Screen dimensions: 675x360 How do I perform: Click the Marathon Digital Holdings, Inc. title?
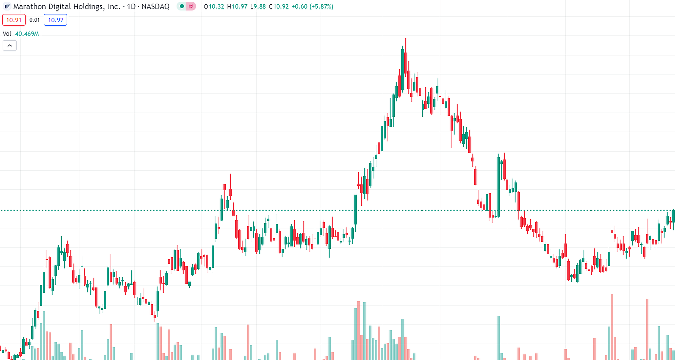click(x=67, y=6)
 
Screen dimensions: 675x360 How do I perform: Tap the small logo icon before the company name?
click(x=7, y=6)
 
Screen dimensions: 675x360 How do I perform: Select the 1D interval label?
click(x=131, y=6)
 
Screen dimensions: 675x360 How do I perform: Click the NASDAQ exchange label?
click(x=155, y=6)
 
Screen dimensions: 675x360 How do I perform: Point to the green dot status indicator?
click(x=182, y=6)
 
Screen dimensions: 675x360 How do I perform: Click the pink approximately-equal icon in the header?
click(x=191, y=6)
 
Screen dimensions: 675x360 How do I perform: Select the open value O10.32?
click(x=214, y=6)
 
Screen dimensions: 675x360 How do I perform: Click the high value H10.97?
click(x=237, y=6)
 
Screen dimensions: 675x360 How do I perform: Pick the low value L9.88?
click(x=258, y=6)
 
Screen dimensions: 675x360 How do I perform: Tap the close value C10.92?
click(x=279, y=6)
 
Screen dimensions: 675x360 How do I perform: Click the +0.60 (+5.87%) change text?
click(x=312, y=6)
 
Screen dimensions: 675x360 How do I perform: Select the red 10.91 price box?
click(x=14, y=20)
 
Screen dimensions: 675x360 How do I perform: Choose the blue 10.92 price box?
click(x=56, y=20)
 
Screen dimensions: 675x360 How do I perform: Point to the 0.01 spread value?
click(x=35, y=20)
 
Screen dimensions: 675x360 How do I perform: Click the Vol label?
click(x=7, y=34)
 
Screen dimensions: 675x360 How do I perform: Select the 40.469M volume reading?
click(x=27, y=34)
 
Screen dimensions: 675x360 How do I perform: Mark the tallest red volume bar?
click(x=612, y=327)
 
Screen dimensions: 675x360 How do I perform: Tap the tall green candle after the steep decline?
click(x=499, y=186)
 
